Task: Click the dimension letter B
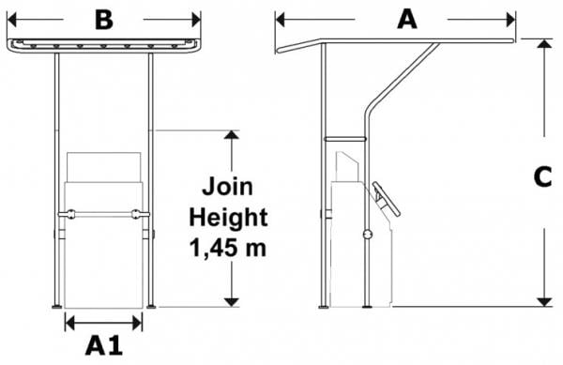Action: [x=104, y=20]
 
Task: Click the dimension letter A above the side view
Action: [x=407, y=20]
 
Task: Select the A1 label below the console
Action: [x=104, y=346]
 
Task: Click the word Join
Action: [x=227, y=187]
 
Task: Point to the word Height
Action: [x=228, y=218]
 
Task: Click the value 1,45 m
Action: [x=228, y=248]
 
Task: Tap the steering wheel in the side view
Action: [x=387, y=199]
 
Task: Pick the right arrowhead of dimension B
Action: [x=196, y=20]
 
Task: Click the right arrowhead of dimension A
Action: [x=511, y=20]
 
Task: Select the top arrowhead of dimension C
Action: [x=544, y=43]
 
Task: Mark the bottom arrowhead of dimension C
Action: [x=544, y=302]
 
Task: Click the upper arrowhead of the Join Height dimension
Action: [x=232, y=134]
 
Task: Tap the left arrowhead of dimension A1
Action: [x=69, y=323]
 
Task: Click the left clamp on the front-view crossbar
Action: [x=71, y=214]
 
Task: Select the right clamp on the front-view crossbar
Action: [x=136, y=214]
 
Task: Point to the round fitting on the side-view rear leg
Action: [x=367, y=235]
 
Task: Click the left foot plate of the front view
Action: [x=57, y=307]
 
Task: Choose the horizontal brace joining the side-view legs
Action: [x=344, y=139]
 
